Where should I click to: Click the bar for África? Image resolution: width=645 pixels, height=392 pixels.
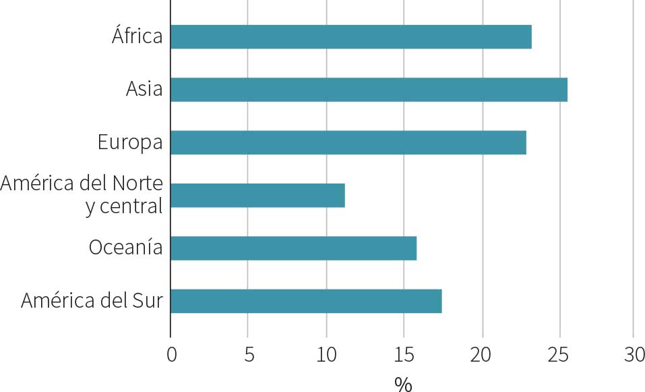point(350,36)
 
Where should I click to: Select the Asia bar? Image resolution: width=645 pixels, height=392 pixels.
point(369,90)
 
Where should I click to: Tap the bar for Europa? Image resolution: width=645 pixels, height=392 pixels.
point(348,142)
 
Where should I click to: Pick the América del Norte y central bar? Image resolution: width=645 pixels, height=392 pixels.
point(257,196)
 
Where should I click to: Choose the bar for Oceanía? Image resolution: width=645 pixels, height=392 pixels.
point(293,248)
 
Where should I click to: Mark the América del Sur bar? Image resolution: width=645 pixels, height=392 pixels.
point(306,301)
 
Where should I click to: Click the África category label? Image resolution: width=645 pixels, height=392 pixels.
point(137,36)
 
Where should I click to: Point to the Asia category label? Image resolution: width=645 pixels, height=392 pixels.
point(144,89)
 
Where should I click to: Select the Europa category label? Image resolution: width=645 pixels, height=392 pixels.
point(130,142)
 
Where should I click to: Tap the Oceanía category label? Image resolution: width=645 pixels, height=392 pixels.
point(125,248)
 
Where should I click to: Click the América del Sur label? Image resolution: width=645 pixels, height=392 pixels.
point(92,300)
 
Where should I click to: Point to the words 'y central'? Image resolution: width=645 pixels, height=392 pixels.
point(124,206)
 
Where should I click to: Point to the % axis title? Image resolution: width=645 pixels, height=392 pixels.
point(402,384)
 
